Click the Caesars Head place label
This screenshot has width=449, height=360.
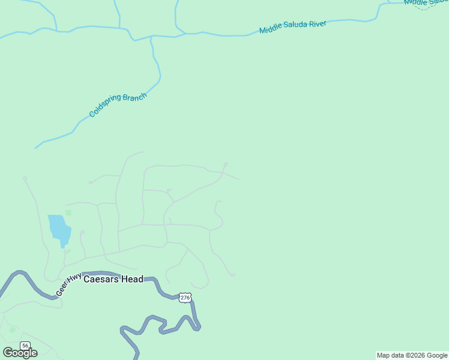point(113,279)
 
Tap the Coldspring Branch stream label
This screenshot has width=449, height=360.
point(118,105)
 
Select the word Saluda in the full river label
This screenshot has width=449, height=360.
point(294,26)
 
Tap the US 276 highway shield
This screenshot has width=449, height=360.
point(184,297)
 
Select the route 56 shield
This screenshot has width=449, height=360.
point(25,346)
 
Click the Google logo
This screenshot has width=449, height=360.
point(20,353)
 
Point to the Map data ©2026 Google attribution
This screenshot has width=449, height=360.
point(412,355)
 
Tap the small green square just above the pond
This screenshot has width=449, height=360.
point(68,212)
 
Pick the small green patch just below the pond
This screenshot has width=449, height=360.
point(67,251)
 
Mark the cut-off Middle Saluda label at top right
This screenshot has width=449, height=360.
point(426,2)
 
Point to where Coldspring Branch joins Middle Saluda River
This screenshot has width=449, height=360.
point(151,37)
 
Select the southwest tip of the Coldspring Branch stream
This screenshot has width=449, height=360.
point(35,148)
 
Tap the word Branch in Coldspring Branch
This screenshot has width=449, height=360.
point(134,97)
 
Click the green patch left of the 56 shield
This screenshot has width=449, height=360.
point(12,330)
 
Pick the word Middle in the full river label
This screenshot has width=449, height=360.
point(270,29)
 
